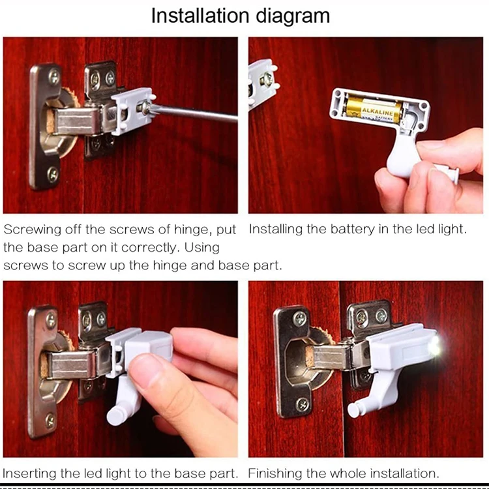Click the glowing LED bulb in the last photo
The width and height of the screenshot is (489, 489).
(x=435, y=346)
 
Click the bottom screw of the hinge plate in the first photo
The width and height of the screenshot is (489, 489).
(x=52, y=174)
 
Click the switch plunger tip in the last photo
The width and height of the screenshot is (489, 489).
(x=353, y=410)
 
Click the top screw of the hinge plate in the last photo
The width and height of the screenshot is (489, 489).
(x=299, y=318)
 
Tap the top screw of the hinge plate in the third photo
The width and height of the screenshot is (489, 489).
(x=50, y=320)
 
